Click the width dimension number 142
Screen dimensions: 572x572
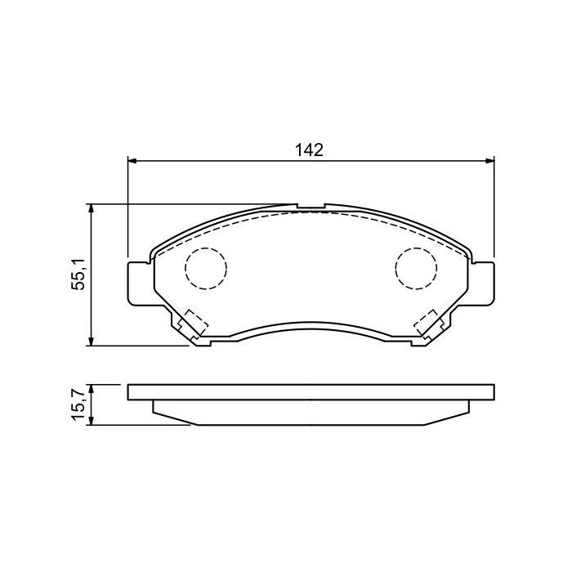tap(311, 150)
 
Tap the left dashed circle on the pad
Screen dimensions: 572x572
tap(205, 267)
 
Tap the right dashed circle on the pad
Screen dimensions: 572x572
tap(417, 267)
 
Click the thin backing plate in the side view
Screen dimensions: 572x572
tap(311, 392)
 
